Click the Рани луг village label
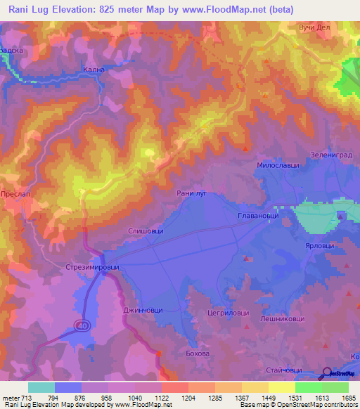[x=191, y=191]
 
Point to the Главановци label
[x=258, y=216]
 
